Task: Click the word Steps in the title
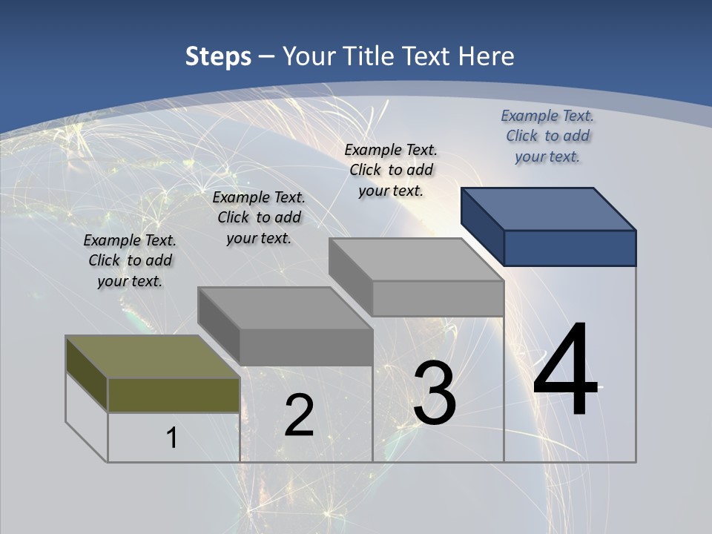pyautogui.click(x=218, y=56)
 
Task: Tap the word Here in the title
pyautogui.click(x=487, y=56)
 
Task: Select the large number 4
pyautogui.click(x=565, y=371)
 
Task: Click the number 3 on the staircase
pyautogui.click(x=435, y=393)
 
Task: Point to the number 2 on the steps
pyautogui.click(x=300, y=416)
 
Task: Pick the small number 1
pyautogui.click(x=172, y=438)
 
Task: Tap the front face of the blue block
pyautogui.click(x=570, y=248)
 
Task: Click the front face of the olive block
pyautogui.click(x=174, y=395)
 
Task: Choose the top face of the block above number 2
pyautogui.click(x=285, y=308)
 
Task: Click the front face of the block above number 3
pyautogui.click(x=438, y=298)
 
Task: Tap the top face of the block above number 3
pyautogui.click(x=415, y=259)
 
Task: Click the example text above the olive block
pyautogui.click(x=130, y=260)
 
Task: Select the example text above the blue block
pyautogui.click(x=547, y=136)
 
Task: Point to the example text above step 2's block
pyautogui.click(x=259, y=217)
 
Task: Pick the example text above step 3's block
pyautogui.click(x=391, y=170)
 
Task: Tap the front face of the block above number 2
pyautogui.click(x=306, y=347)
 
